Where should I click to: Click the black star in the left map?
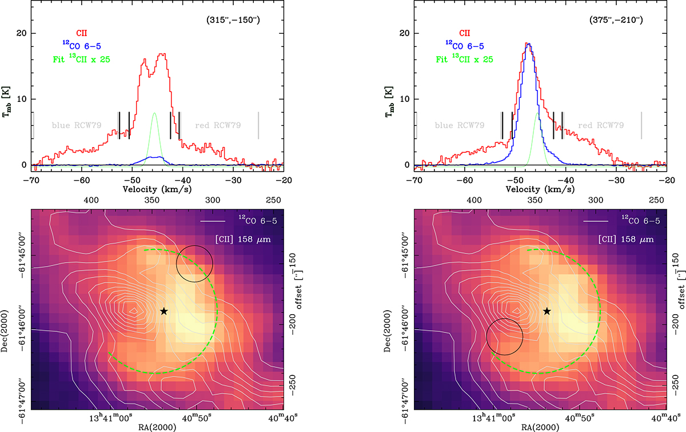[x=164, y=311]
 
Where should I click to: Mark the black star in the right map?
[x=547, y=311]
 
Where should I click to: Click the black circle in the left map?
[x=194, y=264]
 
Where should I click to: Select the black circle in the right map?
[x=504, y=336]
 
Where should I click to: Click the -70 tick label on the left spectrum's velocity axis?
[x=32, y=179]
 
